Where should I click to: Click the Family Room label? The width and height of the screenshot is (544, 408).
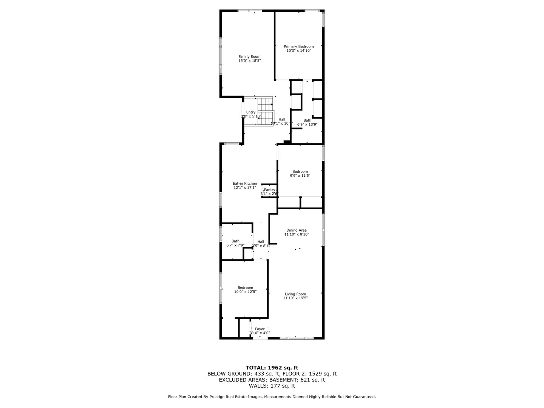(x=249, y=57)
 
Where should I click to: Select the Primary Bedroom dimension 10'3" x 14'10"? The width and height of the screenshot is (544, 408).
(x=298, y=51)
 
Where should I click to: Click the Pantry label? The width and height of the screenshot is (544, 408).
(x=269, y=190)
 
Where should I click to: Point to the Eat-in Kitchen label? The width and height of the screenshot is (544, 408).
(x=244, y=184)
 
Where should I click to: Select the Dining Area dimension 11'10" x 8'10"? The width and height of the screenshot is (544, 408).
(x=297, y=234)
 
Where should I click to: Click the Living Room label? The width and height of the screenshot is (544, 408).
(x=295, y=294)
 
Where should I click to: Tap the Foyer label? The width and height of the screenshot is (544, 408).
(x=260, y=329)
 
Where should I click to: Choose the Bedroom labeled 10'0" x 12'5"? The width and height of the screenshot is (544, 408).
(x=245, y=288)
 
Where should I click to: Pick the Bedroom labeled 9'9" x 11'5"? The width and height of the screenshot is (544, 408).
(x=300, y=172)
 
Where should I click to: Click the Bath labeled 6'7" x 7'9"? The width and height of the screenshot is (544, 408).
(x=235, y=241)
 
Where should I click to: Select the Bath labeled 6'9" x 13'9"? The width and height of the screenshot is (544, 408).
(x=307, y=121)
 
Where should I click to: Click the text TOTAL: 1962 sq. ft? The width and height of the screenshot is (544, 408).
(x=272, y=367)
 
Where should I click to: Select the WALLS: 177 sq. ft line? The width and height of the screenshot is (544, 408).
(x=272, y=386)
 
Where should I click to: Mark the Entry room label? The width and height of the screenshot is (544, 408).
(x=251, y=112)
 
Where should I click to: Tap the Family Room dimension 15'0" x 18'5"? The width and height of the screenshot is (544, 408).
(x=249, y=60)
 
